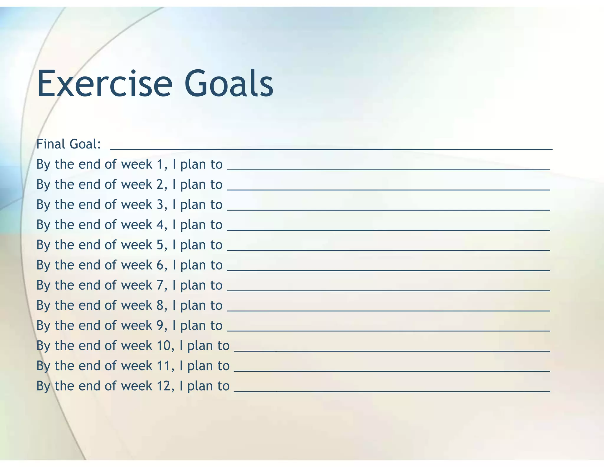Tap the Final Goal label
click(69, 144)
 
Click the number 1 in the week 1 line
click(160, 164)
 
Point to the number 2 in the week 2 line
click(160, 184)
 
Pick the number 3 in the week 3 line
click(160, 205)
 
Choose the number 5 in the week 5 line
click(160, 245)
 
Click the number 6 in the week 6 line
click(160, 265)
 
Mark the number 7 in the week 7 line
click(160, 285)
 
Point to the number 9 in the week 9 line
click(160, 326)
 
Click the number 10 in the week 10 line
click(163, 346)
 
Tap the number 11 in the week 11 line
click(163, 366)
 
